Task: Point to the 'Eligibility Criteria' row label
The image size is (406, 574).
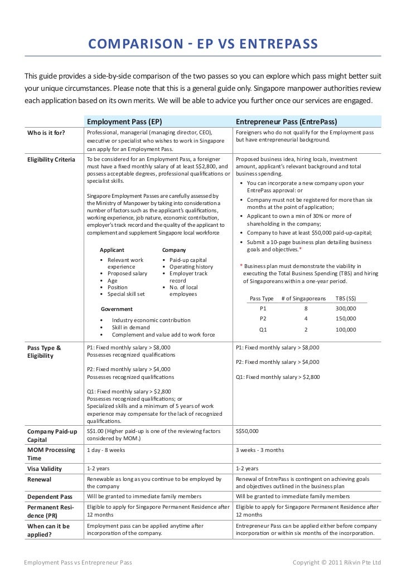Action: [51, 160]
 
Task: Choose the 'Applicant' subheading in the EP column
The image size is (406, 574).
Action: [112, 250]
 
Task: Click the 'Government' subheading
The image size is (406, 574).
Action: [117, 309]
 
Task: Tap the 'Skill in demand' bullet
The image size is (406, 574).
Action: [130, 327]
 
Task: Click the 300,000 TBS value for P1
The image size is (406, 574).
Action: [346, 308]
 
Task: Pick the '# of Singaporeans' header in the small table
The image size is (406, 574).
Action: [304, 298]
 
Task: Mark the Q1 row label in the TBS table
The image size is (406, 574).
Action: [263, 329]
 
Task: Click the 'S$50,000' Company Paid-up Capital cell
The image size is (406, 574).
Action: [247, 431]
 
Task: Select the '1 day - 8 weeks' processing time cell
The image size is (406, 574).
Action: [106, 450]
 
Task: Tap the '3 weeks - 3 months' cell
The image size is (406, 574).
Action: [260, 450]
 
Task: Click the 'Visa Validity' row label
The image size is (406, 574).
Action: [45, 469]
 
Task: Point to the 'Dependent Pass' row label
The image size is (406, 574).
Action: [50, 497]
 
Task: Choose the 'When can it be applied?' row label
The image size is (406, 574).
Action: [49, 530]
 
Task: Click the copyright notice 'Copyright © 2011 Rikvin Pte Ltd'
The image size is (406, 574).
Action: [337, 562]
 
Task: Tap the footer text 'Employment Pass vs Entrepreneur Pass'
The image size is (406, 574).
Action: [78, 562]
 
